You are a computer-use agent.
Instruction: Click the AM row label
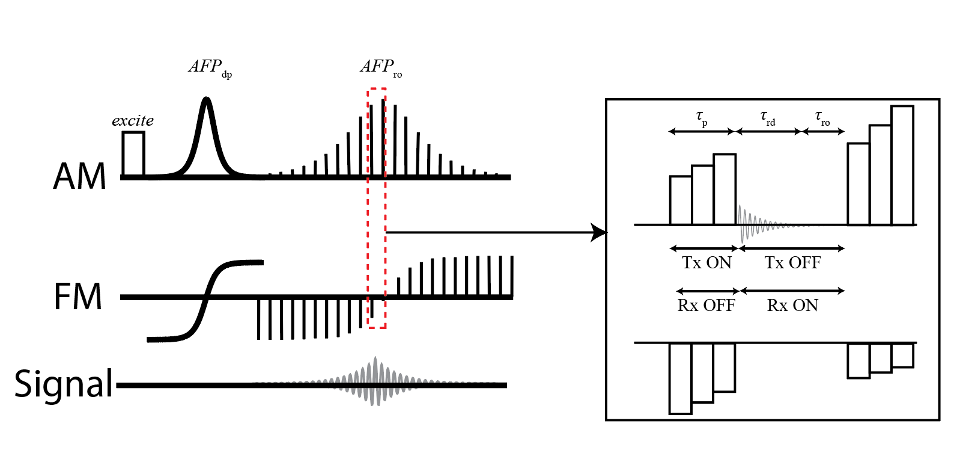(80, 176)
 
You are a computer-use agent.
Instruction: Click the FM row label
(78, 297)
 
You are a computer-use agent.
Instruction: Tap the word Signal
(64, 384)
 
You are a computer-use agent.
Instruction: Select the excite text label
(133, 121)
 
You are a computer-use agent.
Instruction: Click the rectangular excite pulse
(133, 154)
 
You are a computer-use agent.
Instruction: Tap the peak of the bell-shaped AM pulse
(207, 99)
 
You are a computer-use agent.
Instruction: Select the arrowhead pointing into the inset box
(599, 232)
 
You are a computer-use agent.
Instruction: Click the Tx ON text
(706, 263)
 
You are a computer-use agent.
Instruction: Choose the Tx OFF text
(792, 263)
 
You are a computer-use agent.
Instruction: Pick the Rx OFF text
(706, 306)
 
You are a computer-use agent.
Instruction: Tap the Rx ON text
(792, 306)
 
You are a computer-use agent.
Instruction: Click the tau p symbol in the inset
(702, 117)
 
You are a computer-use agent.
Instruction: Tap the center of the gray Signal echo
(376, 382)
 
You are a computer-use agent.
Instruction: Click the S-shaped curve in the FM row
(207, 298)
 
